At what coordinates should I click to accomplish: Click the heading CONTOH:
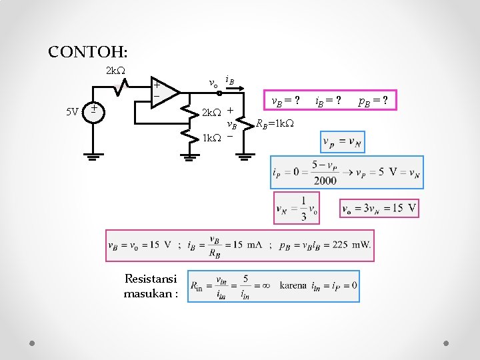point(88,51)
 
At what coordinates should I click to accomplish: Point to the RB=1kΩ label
point(275,123)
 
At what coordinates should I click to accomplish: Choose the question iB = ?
point(329,101)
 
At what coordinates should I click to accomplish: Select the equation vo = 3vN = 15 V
point(379,209)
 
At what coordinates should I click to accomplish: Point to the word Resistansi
point(151,279)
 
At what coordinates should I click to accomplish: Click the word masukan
point(151,293)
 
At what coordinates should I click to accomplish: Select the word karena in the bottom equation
point(293,286)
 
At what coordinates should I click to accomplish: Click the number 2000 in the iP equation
point(326,180)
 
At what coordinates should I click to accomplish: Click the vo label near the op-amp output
point(213,84)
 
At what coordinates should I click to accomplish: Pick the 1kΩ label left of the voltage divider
point(211,138)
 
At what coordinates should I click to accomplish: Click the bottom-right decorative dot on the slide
point(447,343)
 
